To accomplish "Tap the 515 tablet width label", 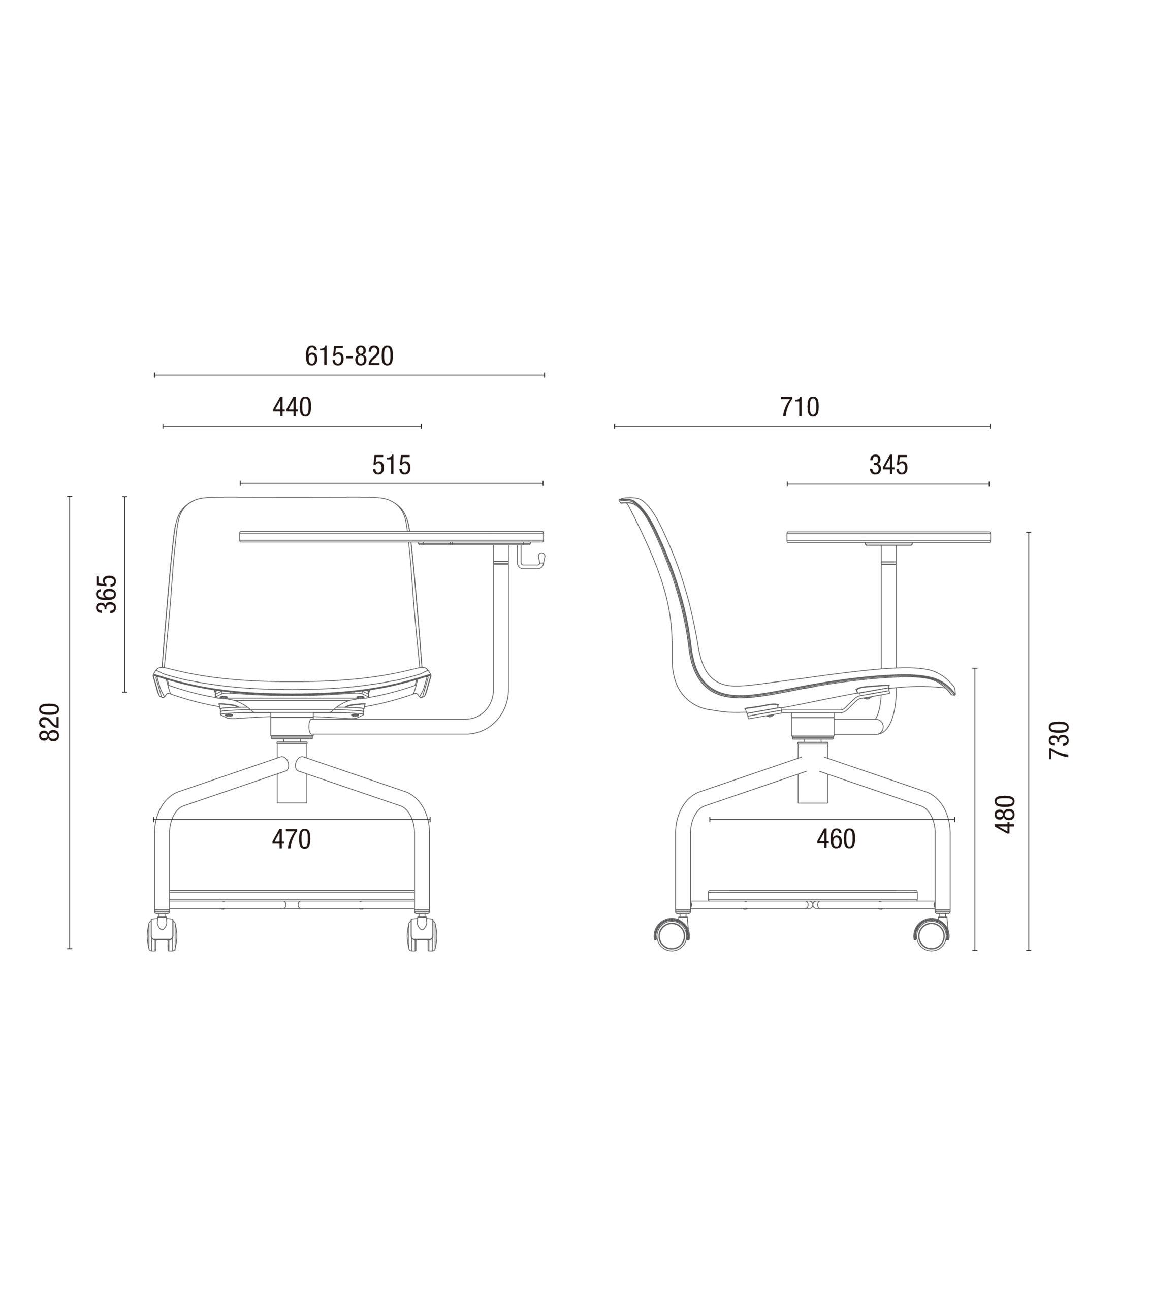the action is pyautogui.click(x=391, y=465).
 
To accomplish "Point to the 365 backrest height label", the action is pyautogui.click(x=106, y=594).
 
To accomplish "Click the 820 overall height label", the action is pyautogui.click(x=50, y=722).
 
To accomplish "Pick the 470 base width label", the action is pyautogui.click(x=292, y=839).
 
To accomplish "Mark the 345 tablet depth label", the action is pyautogui.click(x=888, y=465).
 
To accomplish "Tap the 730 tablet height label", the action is pyautogui.click(x=1059, y=740).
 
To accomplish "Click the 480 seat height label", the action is pyautogui.click(x=1005, y=814).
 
